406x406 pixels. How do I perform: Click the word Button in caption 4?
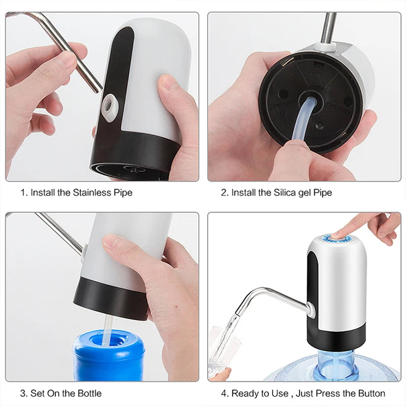click(x=371, y=393)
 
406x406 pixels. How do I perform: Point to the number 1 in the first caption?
click(x=23, y=193)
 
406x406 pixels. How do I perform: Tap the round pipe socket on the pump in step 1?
click(x=109, y=105)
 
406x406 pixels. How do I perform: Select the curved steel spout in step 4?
click(x=269, y=295)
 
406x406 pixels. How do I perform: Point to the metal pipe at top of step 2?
click(x=329, y=28)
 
